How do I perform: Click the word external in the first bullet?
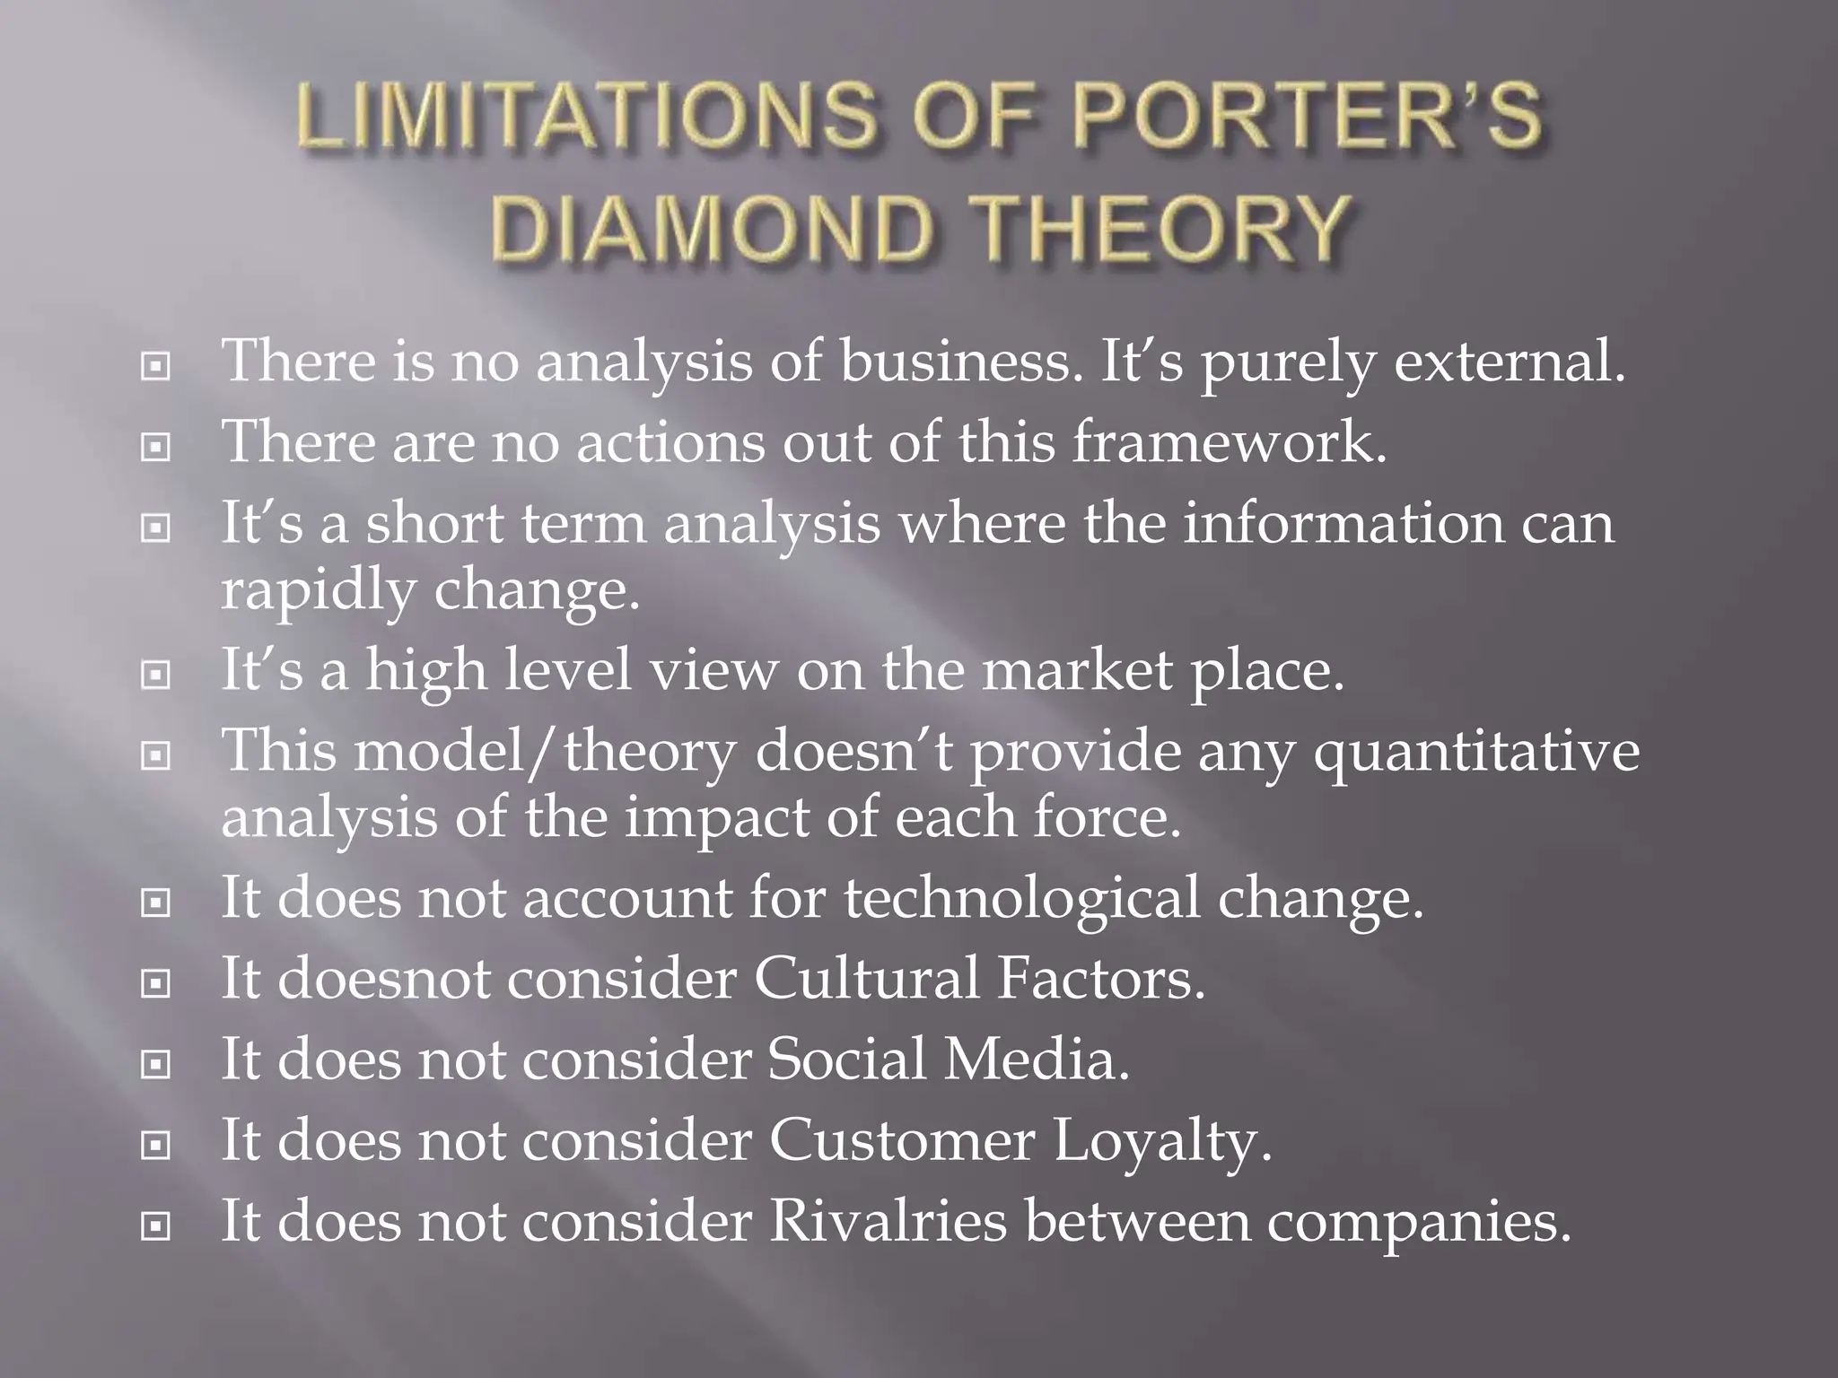click(1509, 362)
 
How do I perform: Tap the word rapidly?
click(319, 592)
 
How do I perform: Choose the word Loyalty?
click(1162, 1143)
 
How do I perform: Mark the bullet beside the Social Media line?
click(156, 1065)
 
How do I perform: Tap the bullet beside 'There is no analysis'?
click(156, 367)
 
